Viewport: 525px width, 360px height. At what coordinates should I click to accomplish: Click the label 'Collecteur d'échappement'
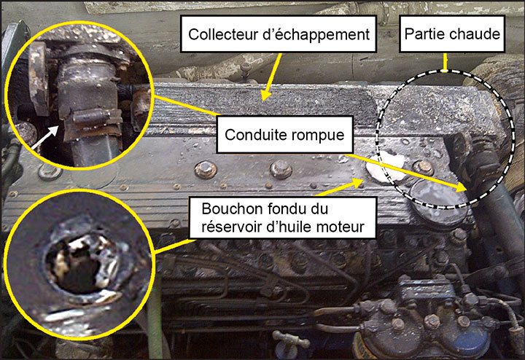tap(279, 34)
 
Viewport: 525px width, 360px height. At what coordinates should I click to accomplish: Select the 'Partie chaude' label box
tap(452, 34)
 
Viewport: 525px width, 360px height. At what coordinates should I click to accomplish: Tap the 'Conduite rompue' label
tap(284, 135)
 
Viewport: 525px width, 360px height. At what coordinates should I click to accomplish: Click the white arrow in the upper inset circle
tap(44, 136)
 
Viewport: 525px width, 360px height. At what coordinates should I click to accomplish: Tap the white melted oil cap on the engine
tap(384, 166)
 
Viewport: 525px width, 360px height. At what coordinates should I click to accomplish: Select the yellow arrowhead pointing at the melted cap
tap(357, 183)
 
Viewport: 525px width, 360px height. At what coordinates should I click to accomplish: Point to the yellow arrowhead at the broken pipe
tap(461, 188)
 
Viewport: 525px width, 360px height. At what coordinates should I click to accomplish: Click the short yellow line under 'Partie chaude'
tap(445, 62)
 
